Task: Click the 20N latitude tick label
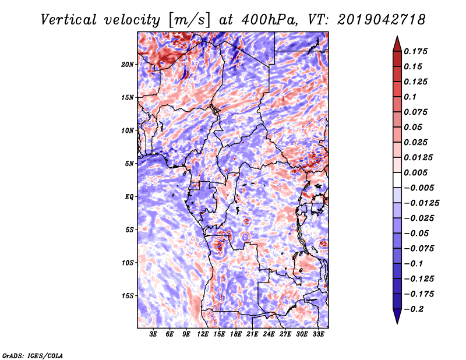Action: click(x=127, y=65)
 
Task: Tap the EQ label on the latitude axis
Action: click(x=129, y=197)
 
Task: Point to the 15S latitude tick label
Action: click(x=127, y=296)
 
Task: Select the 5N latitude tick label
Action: click(x=129, y=164)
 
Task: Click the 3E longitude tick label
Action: click(x=153, y=334)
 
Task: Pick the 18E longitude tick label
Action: click(x=235, y=334)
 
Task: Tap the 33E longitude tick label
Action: click(x=318, y=334)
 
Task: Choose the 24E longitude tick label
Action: click(x=269, y=334)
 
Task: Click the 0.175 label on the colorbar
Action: click(x=415, y=51)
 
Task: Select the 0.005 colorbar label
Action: click(x=415, y=172)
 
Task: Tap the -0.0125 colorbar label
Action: click(x=421, y=203)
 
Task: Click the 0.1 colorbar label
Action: click(x=410, y=97)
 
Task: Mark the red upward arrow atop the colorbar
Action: click(x=397, y=44)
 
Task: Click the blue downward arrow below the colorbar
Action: click(x=397, y=316)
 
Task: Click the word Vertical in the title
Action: click(x=68, y=20)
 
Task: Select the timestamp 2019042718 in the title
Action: click(x=381, y=20)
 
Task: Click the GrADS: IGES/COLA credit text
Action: click(x=33, y=355)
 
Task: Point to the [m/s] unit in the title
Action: click(x=190, y=20)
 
